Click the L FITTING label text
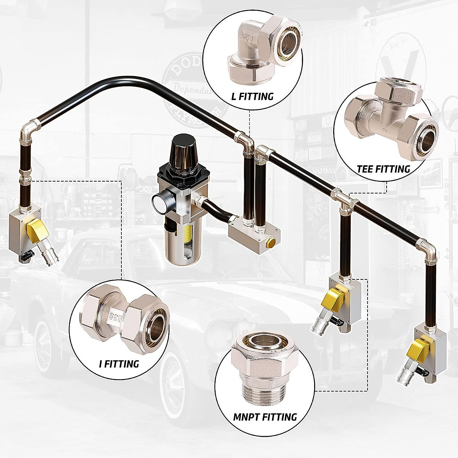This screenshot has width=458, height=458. point(253,96)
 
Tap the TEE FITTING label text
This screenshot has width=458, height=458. point(383,169)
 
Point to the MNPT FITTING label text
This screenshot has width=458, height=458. point(265,417)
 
